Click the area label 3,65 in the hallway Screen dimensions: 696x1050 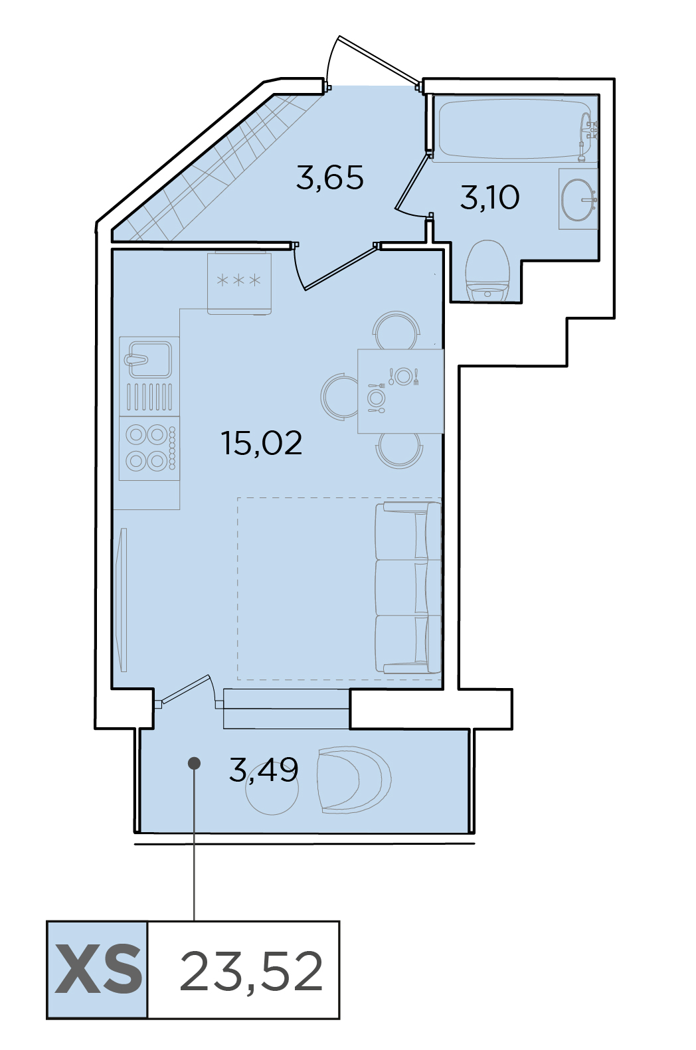coord(329,178)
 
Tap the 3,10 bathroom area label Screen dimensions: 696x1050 coord(489,197)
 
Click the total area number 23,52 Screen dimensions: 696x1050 coord(251,970)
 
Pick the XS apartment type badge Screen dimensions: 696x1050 coord(98,970)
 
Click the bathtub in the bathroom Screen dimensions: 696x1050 coord(515,128)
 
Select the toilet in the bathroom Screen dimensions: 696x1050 coord(488,272)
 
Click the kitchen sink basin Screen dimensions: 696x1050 coord(149,359)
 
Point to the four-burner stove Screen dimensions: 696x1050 coord(149,448)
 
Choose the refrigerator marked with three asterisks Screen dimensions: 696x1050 coord(240,283)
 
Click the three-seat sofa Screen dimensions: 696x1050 coord(408,588)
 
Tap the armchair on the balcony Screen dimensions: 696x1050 coord(353,780)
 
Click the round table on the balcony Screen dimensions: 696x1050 coord(272,788)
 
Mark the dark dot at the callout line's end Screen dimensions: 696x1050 coord(194,763)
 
